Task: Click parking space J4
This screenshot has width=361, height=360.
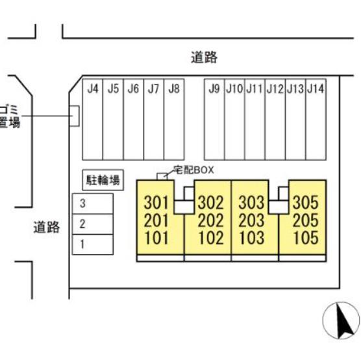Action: (93, 120)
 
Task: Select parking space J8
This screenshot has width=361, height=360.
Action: (174, 120)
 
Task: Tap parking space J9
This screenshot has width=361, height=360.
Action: (214, 120)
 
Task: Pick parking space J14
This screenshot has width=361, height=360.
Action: (316, 120)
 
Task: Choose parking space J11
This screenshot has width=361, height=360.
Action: (255, 120)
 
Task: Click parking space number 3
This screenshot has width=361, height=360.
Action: (93, 204)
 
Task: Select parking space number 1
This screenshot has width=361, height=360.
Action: (93, 244)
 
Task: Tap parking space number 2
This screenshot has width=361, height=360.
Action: (93, 224)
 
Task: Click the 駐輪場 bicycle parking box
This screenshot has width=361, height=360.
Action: (103, 180)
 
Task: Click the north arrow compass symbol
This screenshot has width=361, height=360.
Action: (342, 320)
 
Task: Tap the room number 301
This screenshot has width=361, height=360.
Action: (156, 203)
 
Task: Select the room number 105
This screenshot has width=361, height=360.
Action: (306, 238)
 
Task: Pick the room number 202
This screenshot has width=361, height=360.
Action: (210, 220)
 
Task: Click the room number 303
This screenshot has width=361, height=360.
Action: (251, 203)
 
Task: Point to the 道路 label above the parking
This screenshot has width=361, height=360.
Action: (205, 57)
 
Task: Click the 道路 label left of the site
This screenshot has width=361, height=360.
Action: (47, 227)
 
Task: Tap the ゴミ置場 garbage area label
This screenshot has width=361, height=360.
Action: (10, 116)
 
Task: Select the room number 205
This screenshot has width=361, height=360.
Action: (306, 220)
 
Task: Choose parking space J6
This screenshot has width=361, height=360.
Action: (133, 120)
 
